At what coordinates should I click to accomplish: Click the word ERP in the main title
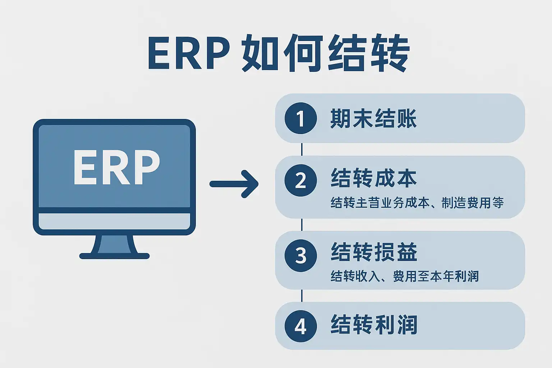pos(188,53)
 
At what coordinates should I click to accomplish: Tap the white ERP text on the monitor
pos(116,167)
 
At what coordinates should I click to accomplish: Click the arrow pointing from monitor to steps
pos(234,184)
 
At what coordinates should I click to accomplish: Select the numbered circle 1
pos(300,118)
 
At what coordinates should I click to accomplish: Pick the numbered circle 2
pos(300,180)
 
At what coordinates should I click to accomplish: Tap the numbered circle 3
pos(300,256)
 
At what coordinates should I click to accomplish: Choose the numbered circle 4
pos(300,326)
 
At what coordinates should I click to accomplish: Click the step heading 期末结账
pos(373,119)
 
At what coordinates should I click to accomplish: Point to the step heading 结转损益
pos(374,252)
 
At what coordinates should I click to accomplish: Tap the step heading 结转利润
pos(374,325)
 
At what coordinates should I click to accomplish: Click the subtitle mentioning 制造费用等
pos(417,203)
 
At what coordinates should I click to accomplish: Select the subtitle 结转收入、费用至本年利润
pos(405,276)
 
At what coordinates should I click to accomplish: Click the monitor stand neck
pos(115,244)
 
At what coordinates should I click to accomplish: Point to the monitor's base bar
pos(114,256)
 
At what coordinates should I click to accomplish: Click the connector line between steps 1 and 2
pos(302,149)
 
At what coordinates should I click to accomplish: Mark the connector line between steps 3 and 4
pos(302,296)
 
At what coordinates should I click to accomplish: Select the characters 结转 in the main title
pos(369,53)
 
